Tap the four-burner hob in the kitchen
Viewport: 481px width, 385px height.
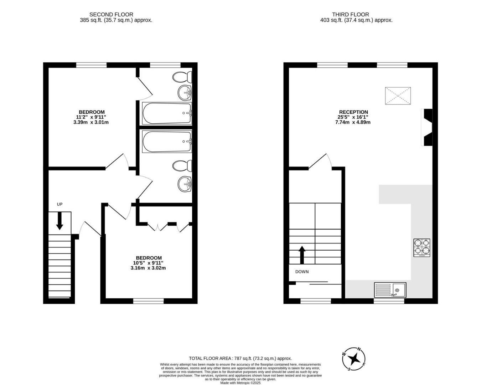pos(421,247)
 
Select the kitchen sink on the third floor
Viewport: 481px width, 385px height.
pos(390,290)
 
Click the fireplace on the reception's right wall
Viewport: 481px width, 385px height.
pos(427,127)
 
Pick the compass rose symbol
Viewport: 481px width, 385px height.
pos(354,359)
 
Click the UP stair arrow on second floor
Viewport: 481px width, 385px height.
pos(60,221)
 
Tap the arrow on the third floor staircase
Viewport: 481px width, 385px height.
pos(302,255)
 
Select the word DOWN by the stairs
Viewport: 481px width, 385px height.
pos(302,272)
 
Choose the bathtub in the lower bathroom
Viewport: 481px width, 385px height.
pos(167,142)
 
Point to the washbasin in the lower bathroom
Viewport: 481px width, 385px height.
pos(185,184)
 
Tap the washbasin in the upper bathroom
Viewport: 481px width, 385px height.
pos(185,93)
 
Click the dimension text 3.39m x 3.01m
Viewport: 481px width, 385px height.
pos(91,122)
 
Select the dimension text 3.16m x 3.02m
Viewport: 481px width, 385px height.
pos(148,268)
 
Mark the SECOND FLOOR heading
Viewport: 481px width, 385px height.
pos(111,15)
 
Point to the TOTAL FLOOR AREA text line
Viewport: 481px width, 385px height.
pos(240,358)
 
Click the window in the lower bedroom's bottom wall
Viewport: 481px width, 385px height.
pos(148,301)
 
